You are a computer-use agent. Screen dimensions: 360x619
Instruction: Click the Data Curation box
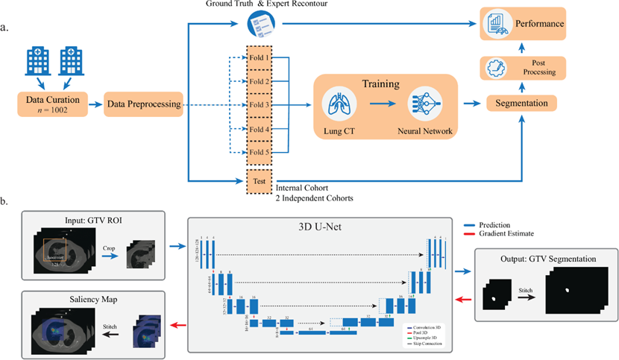[x=51, y=104]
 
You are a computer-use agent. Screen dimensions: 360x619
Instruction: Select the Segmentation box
[x=522, y=103]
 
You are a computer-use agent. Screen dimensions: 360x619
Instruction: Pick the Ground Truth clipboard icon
[x=260, y=23]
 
